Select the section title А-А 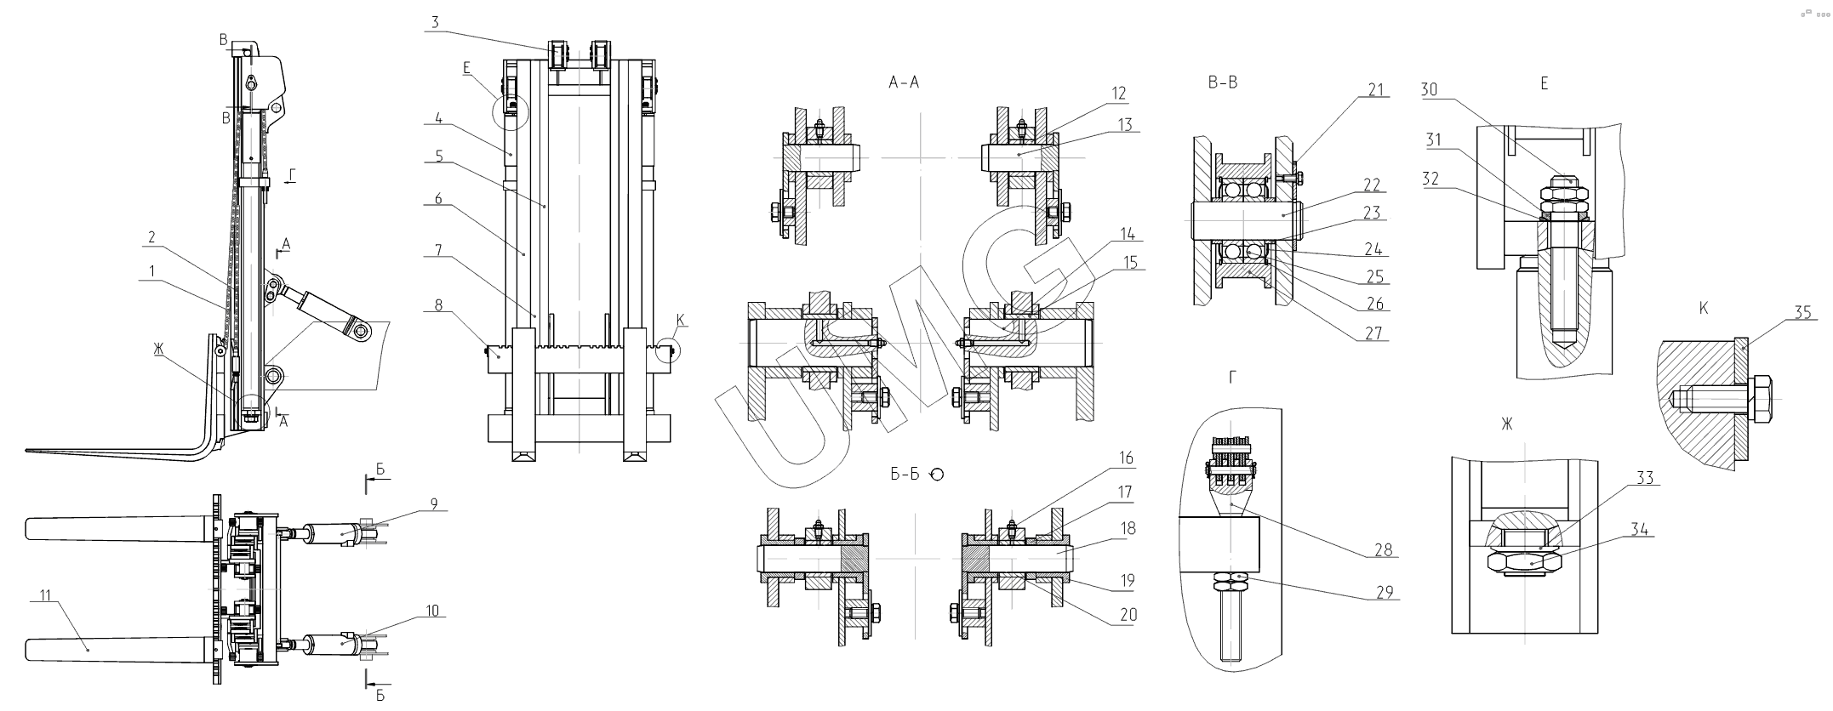903,82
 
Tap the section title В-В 1222,82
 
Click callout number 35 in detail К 1802,313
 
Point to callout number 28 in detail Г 1383,549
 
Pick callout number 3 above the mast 434,22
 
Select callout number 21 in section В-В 1376,89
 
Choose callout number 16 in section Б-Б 1126,458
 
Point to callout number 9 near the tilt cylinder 433,503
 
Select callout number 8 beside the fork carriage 438,304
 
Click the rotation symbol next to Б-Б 936,475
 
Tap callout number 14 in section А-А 1128,233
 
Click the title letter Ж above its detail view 1506,424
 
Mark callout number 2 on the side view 151,237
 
